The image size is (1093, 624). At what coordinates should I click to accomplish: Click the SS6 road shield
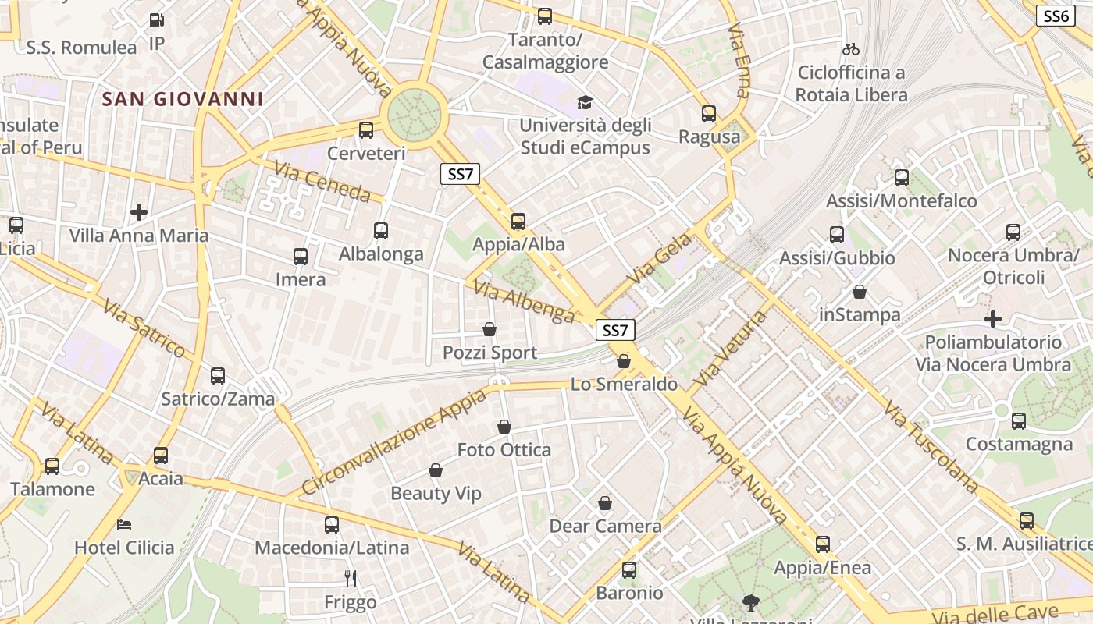click(1056, 16)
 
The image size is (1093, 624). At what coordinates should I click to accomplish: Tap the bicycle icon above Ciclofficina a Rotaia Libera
click(851, 49)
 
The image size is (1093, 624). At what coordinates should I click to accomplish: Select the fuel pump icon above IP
click(157, 21)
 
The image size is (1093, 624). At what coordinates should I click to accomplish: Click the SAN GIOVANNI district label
click(183, 99)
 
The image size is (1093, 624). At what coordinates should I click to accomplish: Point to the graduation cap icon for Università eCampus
click(585, 102)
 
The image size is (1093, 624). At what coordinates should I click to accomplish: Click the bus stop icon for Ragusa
click(709, 114)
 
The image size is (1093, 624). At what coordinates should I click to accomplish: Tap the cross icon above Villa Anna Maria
click(139, 212)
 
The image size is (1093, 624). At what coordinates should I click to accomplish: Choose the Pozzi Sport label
click(490, 353)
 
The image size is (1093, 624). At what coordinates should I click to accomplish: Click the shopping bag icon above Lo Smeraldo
click(624, 361)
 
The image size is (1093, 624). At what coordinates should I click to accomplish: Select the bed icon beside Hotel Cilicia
click(124, 524)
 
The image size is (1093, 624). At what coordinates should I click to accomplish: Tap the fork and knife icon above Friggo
click(351, 579)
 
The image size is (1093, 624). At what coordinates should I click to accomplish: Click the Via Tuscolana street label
click(931, 447)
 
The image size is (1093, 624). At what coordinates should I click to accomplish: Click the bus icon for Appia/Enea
click(823, 544)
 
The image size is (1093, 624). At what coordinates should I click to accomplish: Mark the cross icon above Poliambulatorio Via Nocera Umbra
click(993, 319)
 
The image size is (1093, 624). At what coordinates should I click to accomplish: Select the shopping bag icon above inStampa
click(860, 292)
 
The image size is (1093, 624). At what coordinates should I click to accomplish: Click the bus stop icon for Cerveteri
click(366, 130)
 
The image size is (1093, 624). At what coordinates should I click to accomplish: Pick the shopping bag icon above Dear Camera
click(605, 503)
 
